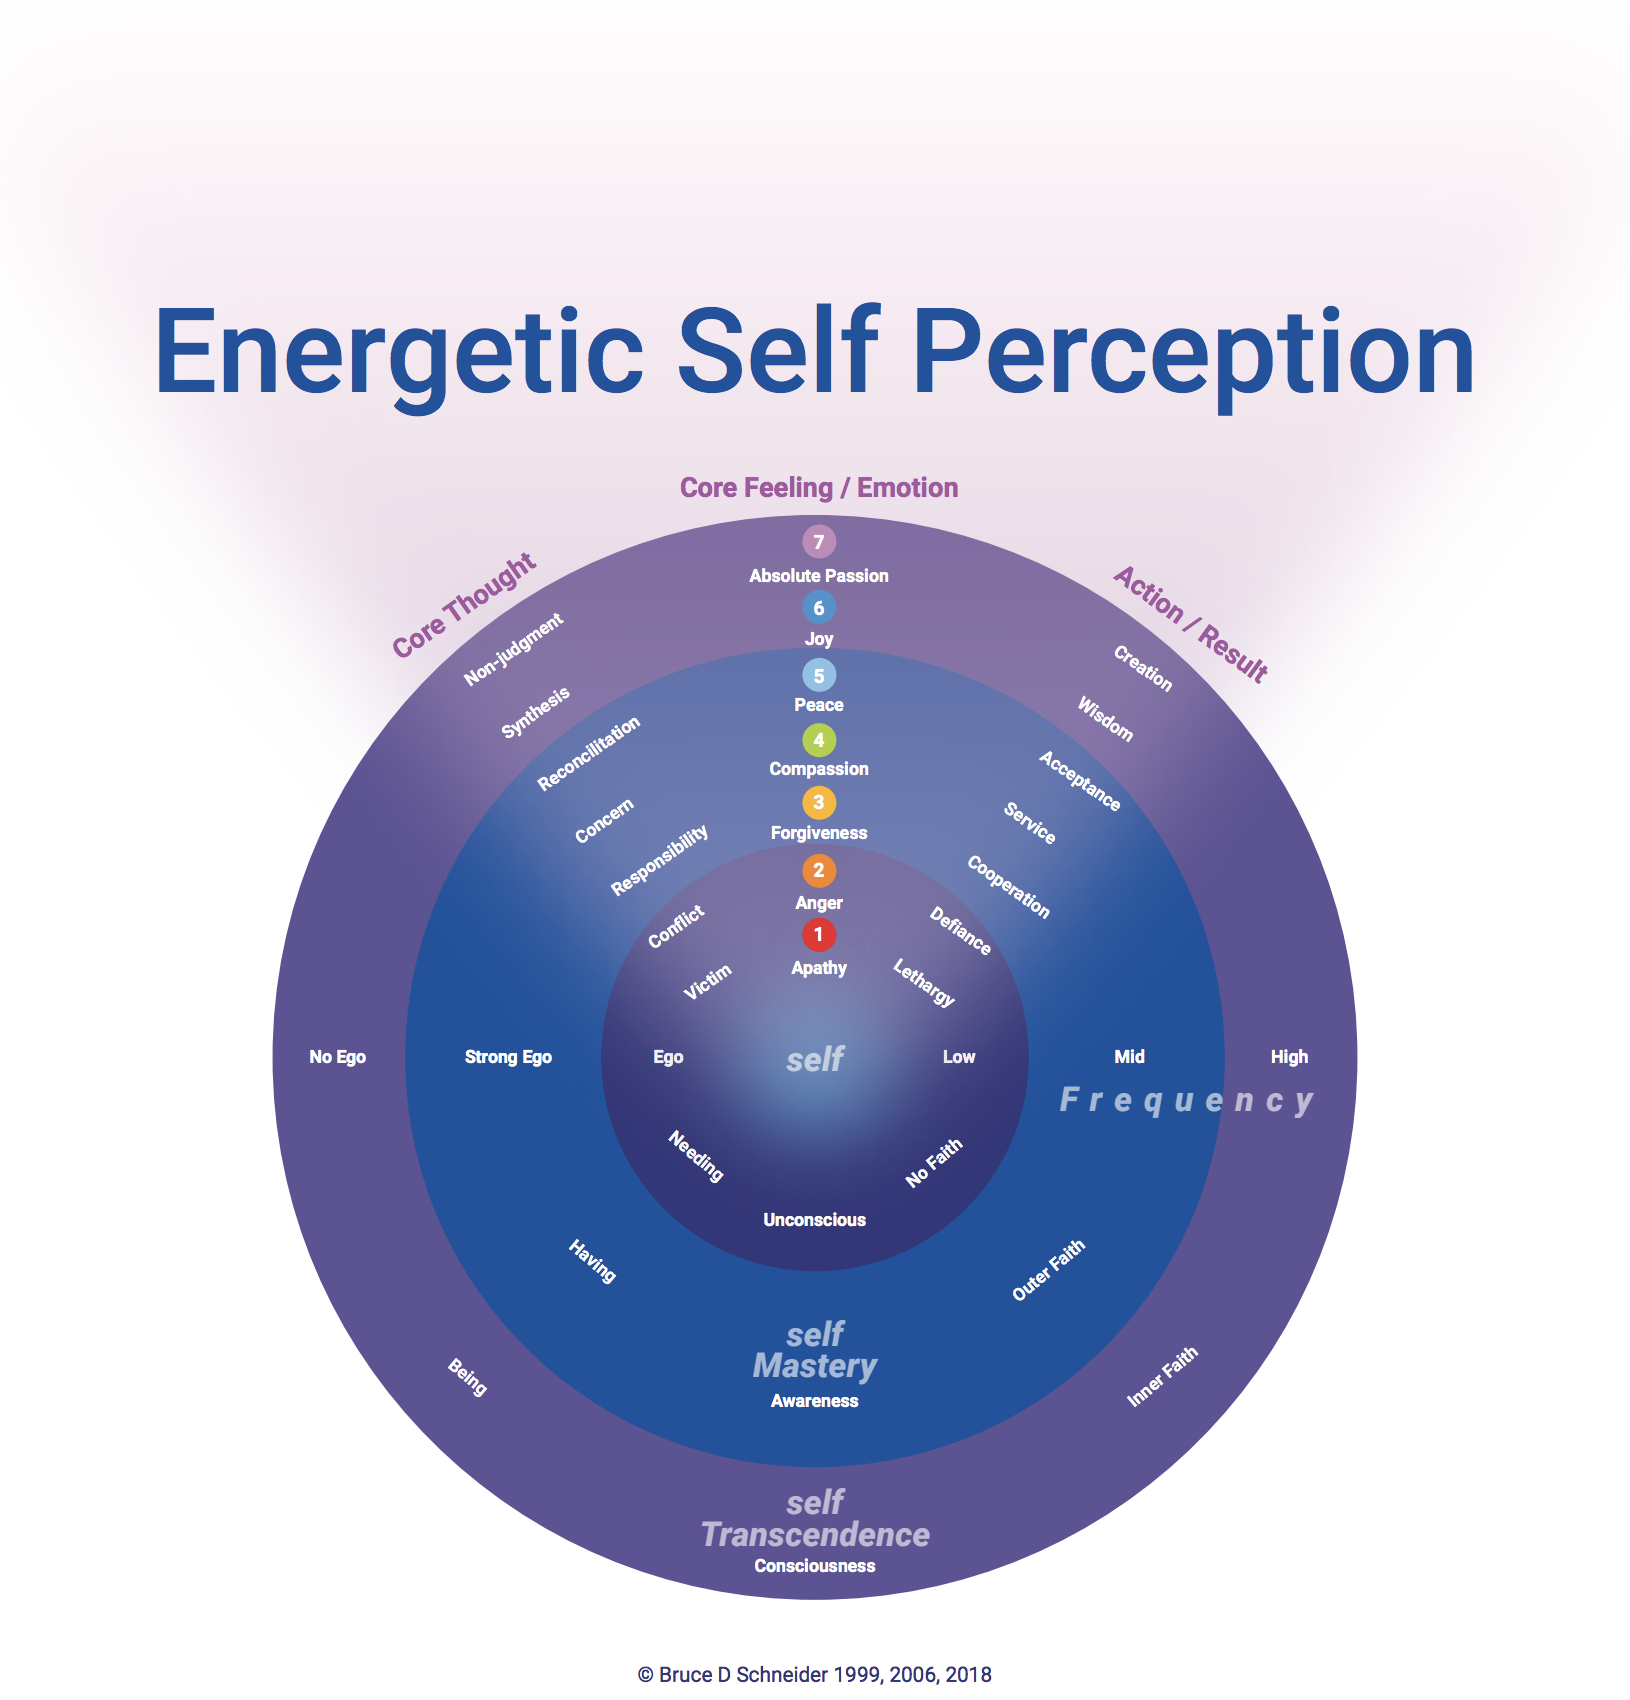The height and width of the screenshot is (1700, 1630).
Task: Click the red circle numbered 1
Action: tap(818, 935)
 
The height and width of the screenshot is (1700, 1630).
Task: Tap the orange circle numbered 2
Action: tap(818, 870)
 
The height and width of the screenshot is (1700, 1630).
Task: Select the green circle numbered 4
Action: tap(818, 740)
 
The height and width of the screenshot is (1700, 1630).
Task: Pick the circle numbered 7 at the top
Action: tap(818, 542)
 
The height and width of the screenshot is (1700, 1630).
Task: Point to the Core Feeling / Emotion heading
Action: tap(818, 488)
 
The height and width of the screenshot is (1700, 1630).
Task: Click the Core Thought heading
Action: tap(464, 606)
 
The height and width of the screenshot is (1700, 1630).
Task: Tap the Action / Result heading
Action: tap(1191, 623)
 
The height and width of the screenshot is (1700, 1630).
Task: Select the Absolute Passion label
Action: tap(818, 576)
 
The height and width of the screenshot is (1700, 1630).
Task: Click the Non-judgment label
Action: tap(514, 650)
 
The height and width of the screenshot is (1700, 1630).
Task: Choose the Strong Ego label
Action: tap(508, 1057)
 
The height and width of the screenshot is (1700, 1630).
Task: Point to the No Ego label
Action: tap(337, 1057)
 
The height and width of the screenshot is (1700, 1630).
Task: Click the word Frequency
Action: tap(1186, 1100)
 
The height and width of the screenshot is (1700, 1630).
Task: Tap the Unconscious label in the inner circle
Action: tap(814, 1220)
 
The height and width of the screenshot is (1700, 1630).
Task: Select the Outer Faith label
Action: tap(1048, 1270)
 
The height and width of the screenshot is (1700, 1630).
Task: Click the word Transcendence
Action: tap(815, 1535)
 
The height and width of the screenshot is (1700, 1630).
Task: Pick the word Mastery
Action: tap(815, 1366)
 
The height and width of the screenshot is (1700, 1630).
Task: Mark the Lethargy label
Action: tap(924, 982)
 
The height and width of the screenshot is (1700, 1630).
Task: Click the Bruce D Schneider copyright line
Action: tap(814, 1675)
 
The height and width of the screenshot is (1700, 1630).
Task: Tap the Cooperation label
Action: tap(1008, 887)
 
